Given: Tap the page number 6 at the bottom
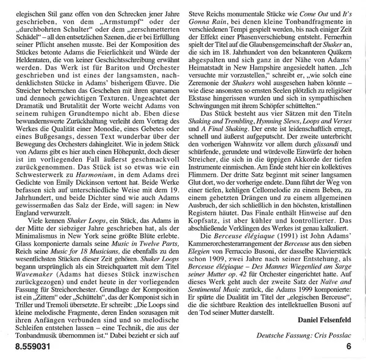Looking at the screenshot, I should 349,348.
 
